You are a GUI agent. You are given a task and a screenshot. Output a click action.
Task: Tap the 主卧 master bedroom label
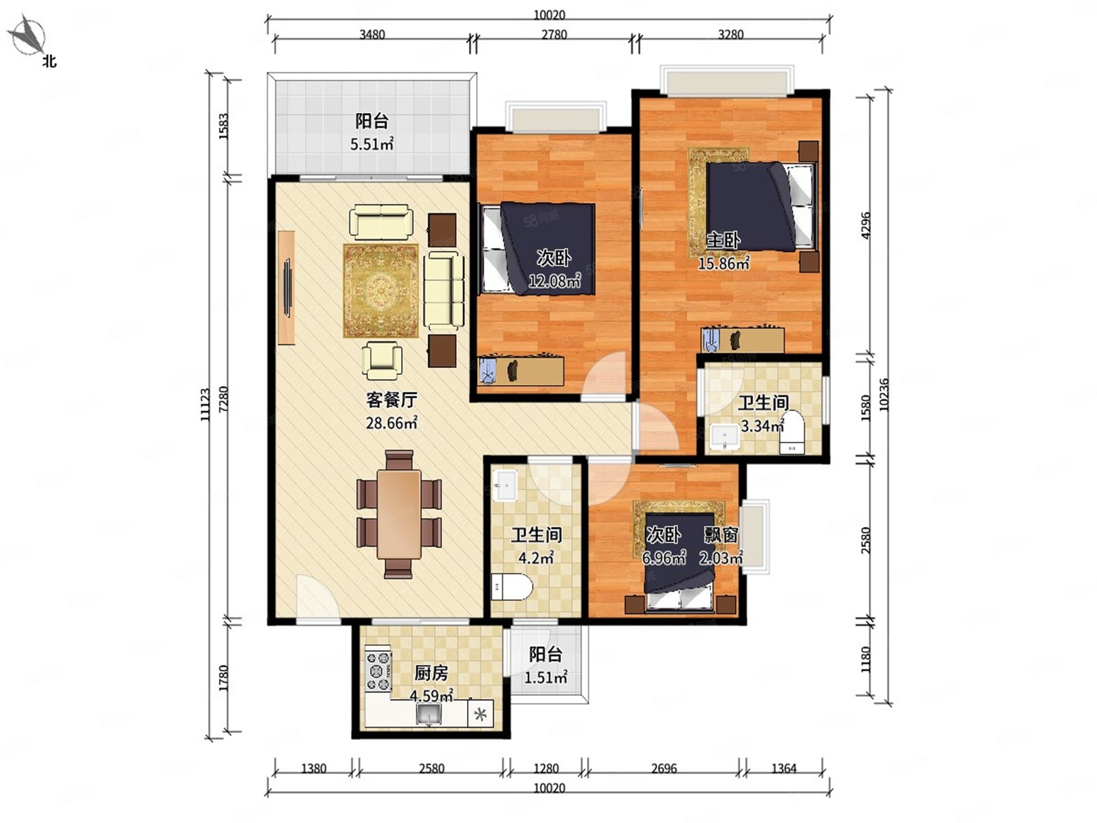tap(723, 241)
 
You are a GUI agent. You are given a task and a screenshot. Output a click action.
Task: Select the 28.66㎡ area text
tap(391, 423)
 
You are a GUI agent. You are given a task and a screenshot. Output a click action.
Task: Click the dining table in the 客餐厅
tap(399, 514)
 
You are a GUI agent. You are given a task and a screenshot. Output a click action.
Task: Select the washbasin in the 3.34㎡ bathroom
tap(724, 437)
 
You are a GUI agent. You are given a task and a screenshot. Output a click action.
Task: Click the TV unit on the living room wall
tap(287, 287)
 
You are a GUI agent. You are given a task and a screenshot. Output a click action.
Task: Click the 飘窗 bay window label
tap(721, 535)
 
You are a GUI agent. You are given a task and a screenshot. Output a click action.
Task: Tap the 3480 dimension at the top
tap(372, 34)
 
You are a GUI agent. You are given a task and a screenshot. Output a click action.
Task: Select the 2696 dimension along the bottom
tap(664, 769)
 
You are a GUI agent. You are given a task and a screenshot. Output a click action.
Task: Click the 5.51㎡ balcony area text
tap(372, 144)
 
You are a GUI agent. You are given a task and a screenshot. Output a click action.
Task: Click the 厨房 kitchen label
tap(431, 673)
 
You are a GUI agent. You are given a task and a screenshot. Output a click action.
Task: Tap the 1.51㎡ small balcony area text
tap(546, 677)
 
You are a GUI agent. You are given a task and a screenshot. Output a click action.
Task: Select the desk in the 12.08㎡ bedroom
tap(521, 370)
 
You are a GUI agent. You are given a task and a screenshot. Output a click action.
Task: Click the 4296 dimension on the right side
tap(865, 226)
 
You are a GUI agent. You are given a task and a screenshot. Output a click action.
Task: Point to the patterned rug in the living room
tap(381, 291)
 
